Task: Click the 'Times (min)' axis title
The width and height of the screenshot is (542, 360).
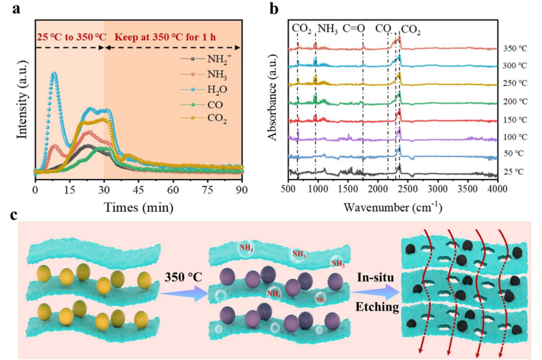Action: tap(138, 204)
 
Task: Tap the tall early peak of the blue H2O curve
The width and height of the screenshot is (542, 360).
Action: tap(54, 74)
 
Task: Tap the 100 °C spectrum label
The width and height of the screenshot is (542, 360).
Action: tap(514, 136)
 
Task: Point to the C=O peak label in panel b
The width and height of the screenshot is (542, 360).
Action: tap(354, 28)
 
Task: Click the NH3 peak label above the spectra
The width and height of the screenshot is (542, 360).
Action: tap(327, 28)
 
